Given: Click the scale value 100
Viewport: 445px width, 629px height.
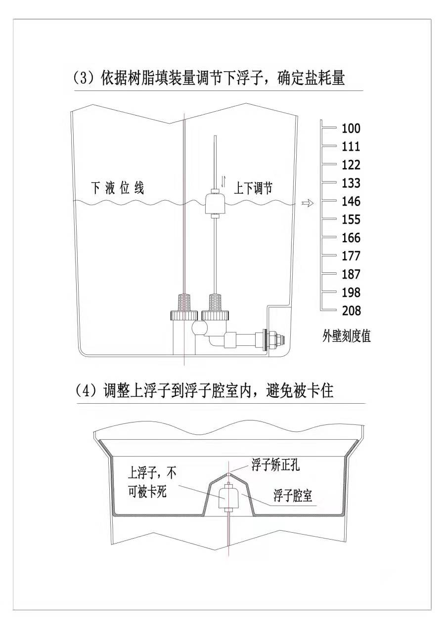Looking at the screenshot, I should [351, 128].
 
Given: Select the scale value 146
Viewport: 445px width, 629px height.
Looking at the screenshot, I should [351, 202].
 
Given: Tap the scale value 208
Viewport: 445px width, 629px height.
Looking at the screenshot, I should [351, 311].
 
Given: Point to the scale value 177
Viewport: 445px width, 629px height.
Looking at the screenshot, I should [351, 256].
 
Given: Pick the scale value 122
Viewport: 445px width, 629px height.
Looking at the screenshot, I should [351, 165].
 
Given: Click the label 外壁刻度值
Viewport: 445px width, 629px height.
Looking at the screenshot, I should [346, 337].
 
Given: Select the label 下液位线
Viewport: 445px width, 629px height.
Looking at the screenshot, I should [118, 188].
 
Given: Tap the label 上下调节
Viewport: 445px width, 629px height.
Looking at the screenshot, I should [253, 188].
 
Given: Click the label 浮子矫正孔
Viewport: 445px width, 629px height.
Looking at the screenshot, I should [275, 465].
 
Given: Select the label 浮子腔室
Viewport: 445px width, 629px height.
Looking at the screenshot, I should [293, 496].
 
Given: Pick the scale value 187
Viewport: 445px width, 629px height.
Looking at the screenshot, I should [351, 274].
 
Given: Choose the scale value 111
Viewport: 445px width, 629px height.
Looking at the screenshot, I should [351, 147].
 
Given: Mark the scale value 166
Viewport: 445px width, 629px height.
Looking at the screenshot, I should [351, 238].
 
